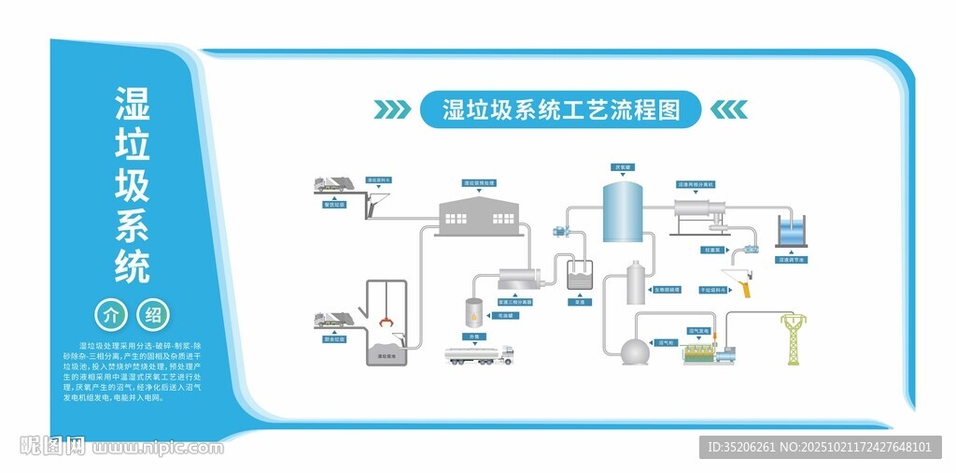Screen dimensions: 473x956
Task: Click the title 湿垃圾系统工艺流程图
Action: pyautogui.click(x=560, y=110)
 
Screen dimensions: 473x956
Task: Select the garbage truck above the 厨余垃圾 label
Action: pyautogui.click(x=332, y=320)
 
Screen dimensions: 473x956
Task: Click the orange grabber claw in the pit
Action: pyautogui.click(x=385, y=323)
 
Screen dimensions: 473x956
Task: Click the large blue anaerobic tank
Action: pyautogui.click(x=623, y=212)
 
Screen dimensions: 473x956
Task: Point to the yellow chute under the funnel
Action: pyautogui.click(x=743, y=286)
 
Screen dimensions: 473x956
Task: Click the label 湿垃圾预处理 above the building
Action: pyautogui.click(x=479, y=183)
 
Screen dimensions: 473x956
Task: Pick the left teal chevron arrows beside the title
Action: pyautogui.click(x=392, y=110)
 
